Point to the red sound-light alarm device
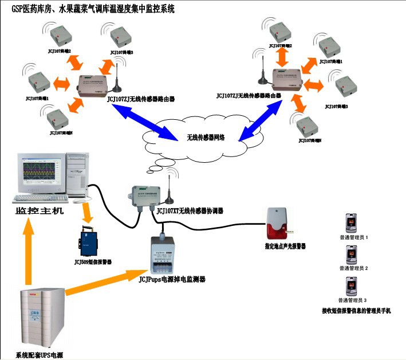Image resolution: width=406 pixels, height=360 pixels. click(x=277, y=222)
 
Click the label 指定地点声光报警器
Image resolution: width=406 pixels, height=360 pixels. click(x=285, y=245)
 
